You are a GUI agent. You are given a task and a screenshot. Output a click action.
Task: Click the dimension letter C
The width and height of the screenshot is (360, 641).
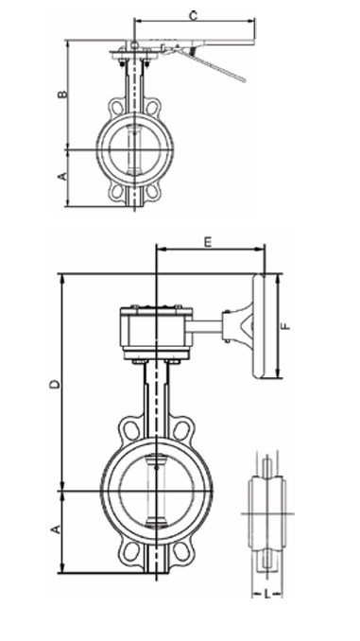(x=194, y=15)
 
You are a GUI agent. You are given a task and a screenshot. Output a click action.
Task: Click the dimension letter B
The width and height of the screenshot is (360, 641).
(x=61, y=94)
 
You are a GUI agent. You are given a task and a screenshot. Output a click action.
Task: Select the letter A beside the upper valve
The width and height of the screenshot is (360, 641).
(x=61, y=176)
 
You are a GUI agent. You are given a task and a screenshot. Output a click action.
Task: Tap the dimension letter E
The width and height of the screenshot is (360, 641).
(x=208, y=242)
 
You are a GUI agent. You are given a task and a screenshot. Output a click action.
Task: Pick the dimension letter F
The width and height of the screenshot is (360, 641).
(x=287, y=326)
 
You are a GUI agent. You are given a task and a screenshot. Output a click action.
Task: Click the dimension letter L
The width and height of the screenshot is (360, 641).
(x=266, y=594)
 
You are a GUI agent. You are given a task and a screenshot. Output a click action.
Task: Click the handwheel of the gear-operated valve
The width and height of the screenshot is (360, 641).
(x=259, y=326)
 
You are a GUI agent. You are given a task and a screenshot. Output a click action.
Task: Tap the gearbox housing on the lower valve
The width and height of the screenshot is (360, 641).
(x=157, y=333)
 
